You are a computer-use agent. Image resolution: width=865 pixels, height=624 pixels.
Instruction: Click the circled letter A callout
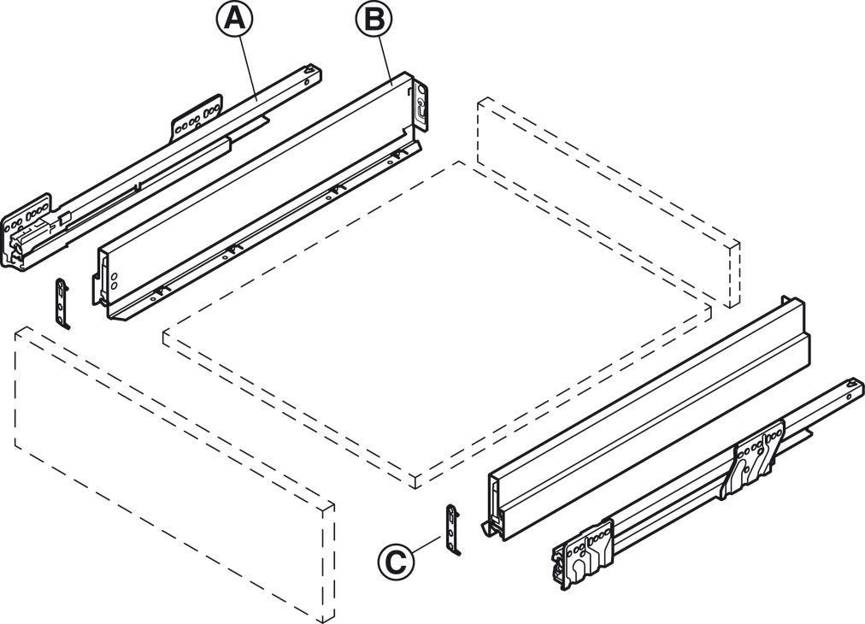point(234,19)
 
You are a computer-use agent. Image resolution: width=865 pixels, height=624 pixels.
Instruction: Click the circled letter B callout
point(374,20)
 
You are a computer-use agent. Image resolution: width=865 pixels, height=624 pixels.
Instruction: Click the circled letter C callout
point(396,562)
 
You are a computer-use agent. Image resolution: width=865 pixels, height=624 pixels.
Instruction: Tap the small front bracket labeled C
point(453,529)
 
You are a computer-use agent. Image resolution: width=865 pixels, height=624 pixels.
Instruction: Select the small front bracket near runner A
point(63,303)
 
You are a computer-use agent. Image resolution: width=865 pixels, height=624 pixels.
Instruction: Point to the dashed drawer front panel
point(174,474)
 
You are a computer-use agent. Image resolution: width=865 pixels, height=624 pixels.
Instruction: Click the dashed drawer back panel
point(608,202)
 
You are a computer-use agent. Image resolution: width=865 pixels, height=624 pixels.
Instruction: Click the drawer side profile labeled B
point(259,196)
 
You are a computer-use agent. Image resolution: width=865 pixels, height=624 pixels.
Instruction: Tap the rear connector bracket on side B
point(421,107)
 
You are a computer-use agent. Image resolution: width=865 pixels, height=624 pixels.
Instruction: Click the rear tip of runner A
point(314,71)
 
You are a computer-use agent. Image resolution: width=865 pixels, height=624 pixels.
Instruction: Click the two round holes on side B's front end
point(114,280)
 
